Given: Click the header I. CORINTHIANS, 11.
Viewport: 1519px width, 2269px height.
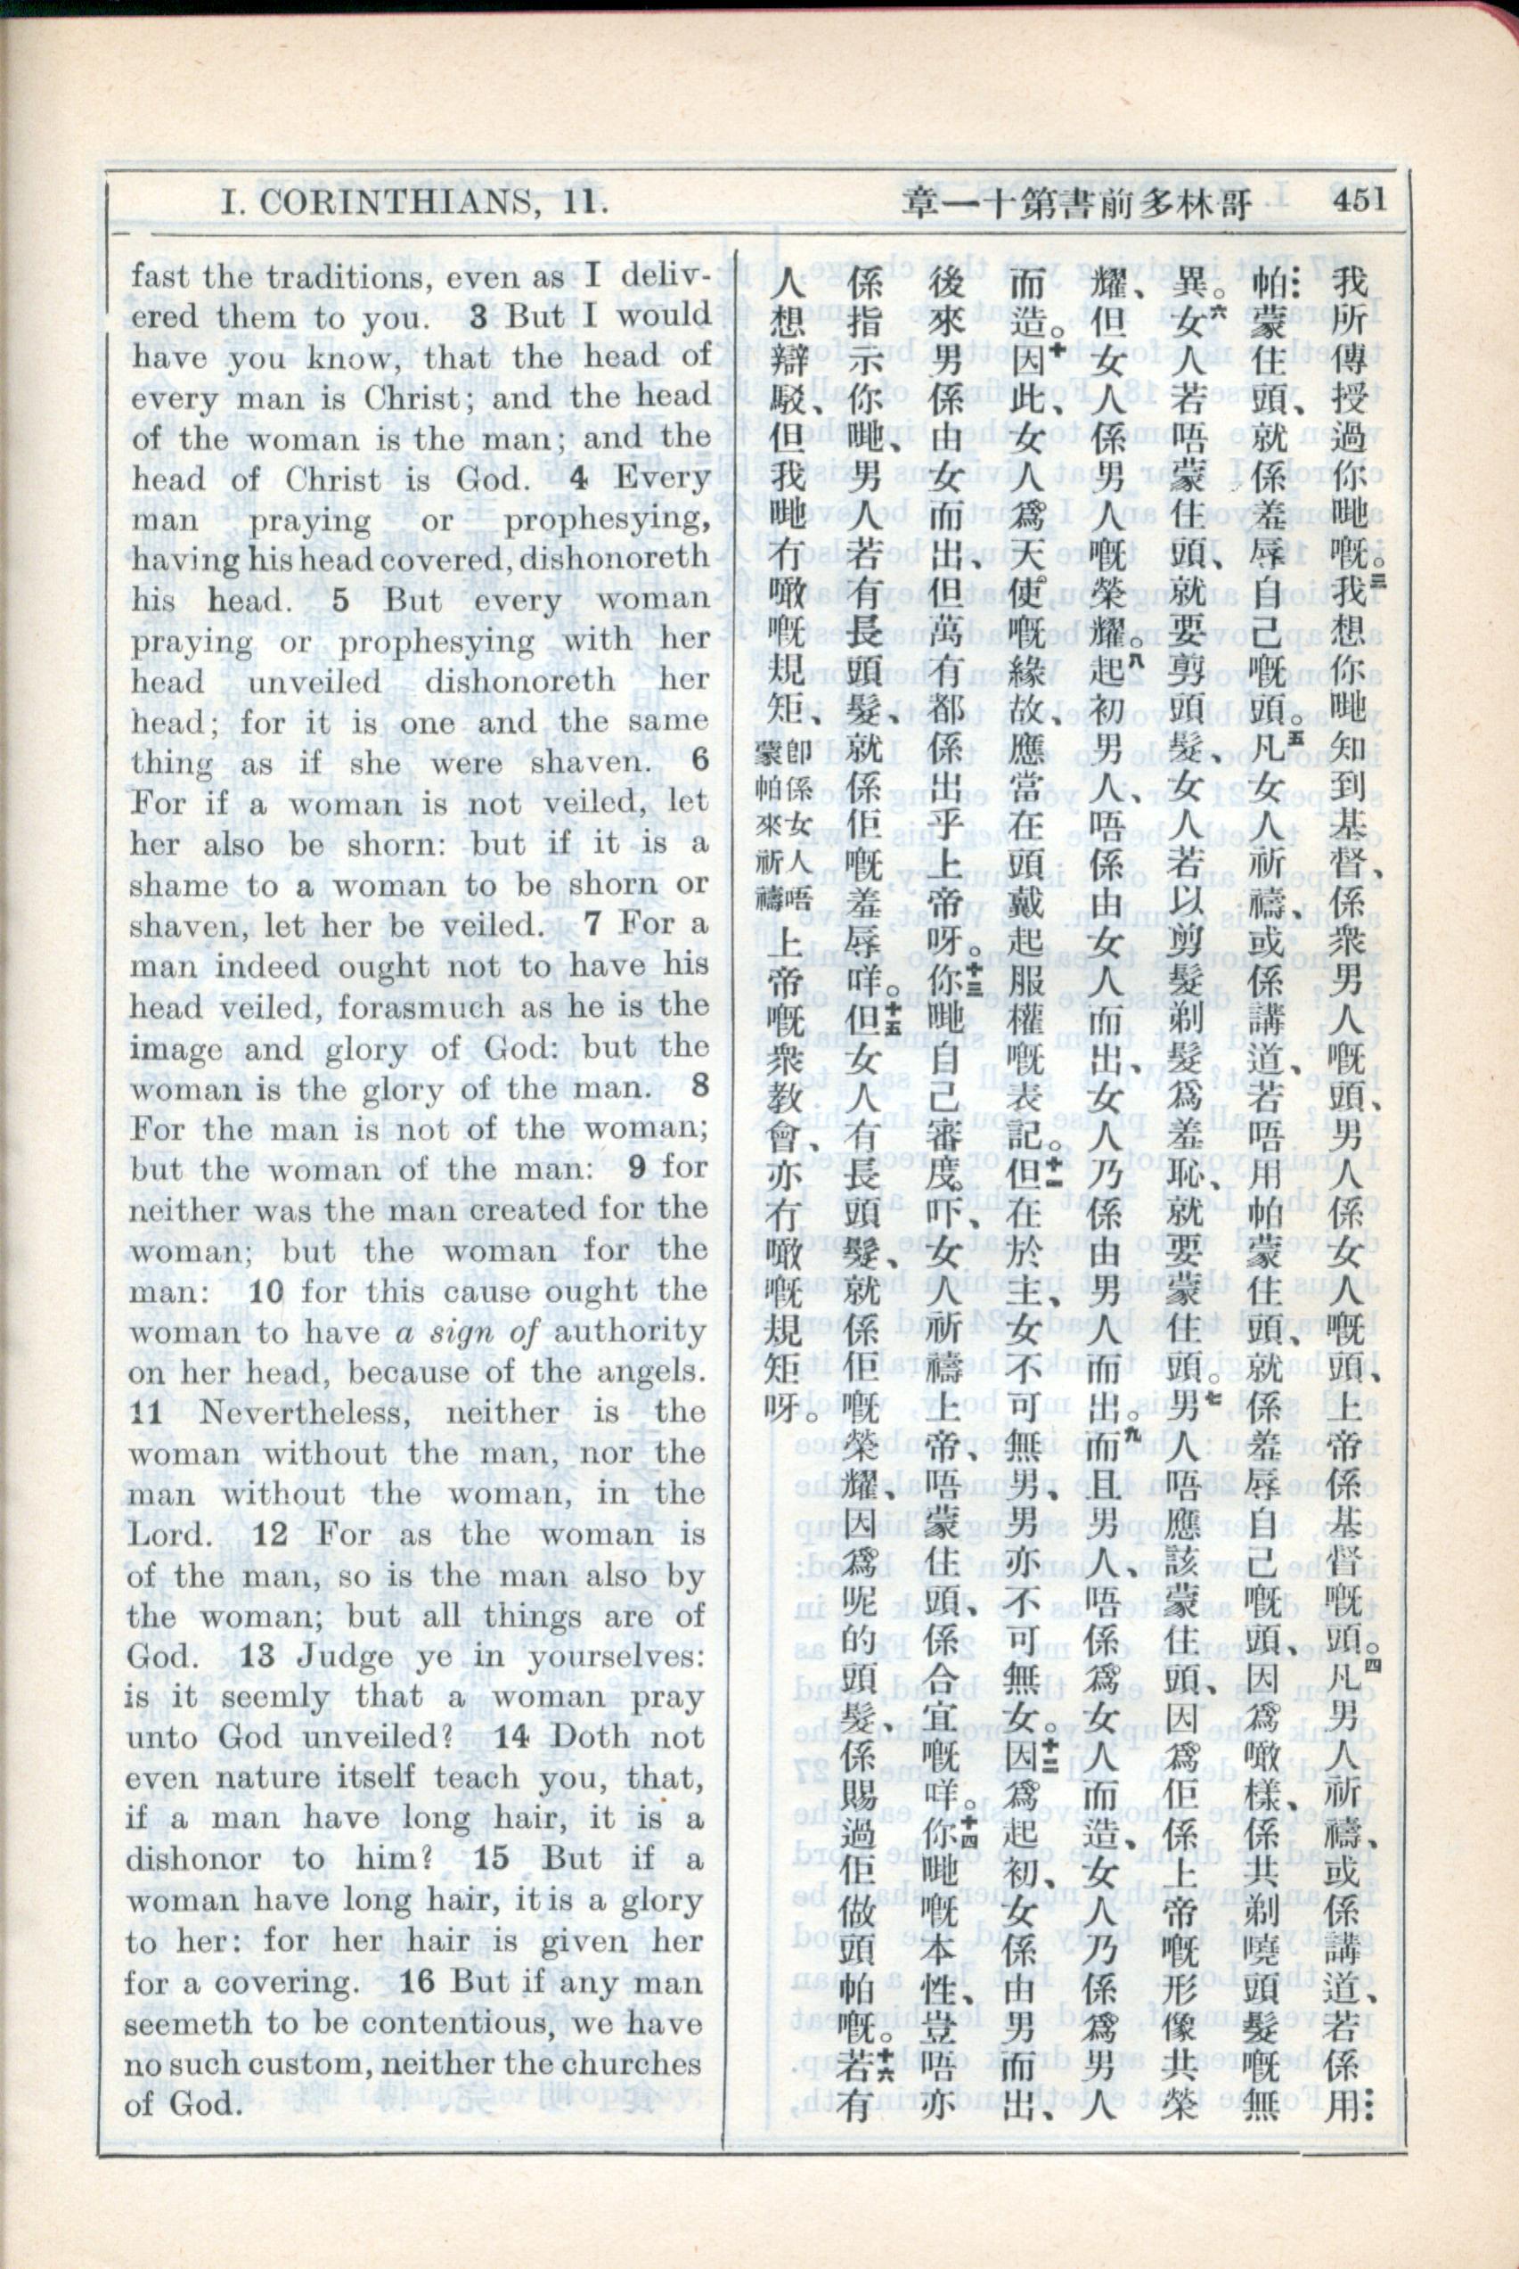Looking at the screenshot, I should pyautogui.click(x=413, y=202).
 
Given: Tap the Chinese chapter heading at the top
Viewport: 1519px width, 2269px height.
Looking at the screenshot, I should pyautogui.click(x=1076, y=202).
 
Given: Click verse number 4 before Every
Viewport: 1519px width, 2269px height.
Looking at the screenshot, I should pyautogui.click(x=578, y=479).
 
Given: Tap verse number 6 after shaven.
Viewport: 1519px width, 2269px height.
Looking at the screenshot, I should pyautogui.click(x=699, y=760).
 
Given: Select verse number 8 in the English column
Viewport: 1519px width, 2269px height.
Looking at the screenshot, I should pyautogui.click(x=699, y=1086).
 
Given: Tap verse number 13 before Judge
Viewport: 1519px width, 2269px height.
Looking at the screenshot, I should pyautogui.click(x=257, y=1656).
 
